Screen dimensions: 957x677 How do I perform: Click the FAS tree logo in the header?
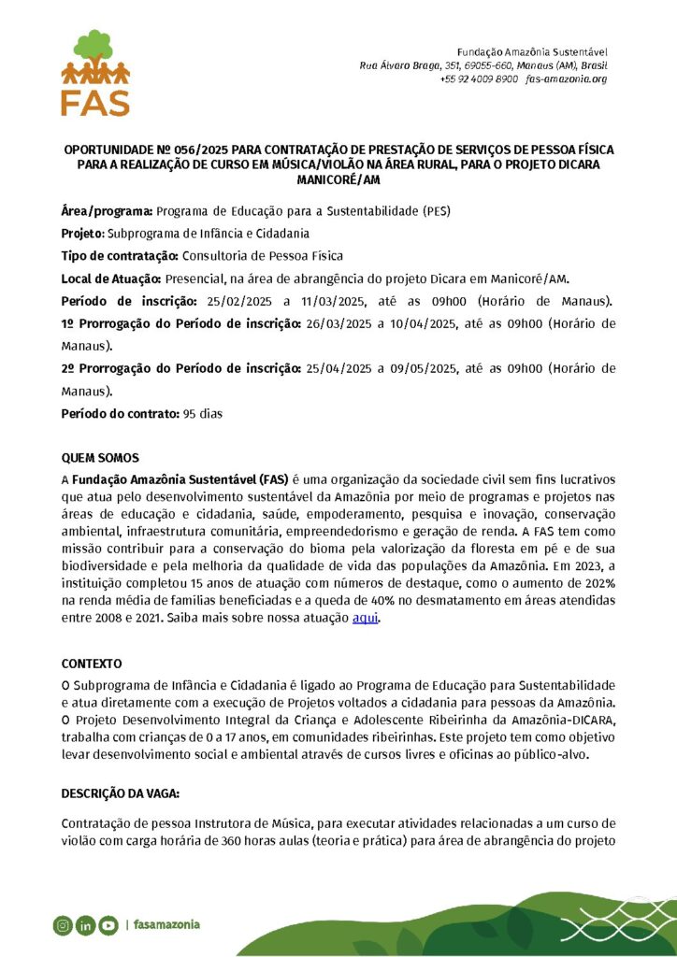(x=94, y=72)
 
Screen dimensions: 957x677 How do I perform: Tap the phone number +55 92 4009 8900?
(x=478, y=79)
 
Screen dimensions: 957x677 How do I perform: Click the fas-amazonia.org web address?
(x=567, y=79)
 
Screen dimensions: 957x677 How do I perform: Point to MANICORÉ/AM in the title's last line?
(x=338, y=178)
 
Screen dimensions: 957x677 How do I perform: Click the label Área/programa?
(x=108, y=210)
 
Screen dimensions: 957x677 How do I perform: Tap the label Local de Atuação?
(x=112, y=279)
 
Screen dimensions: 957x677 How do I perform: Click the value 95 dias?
(x=203, y=413)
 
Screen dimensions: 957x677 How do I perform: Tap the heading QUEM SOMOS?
(x=100, y=458)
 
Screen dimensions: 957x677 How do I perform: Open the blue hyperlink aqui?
(x=365, y=619)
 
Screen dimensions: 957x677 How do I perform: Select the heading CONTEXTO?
(x=92, y=664)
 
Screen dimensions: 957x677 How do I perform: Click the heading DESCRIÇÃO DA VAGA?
(x=121, y=793)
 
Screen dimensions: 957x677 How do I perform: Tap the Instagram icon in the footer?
(x=63, y=925)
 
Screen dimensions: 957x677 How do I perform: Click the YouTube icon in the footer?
(x=108, y=925)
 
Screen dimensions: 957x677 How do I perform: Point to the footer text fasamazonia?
(x=166, y=925)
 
